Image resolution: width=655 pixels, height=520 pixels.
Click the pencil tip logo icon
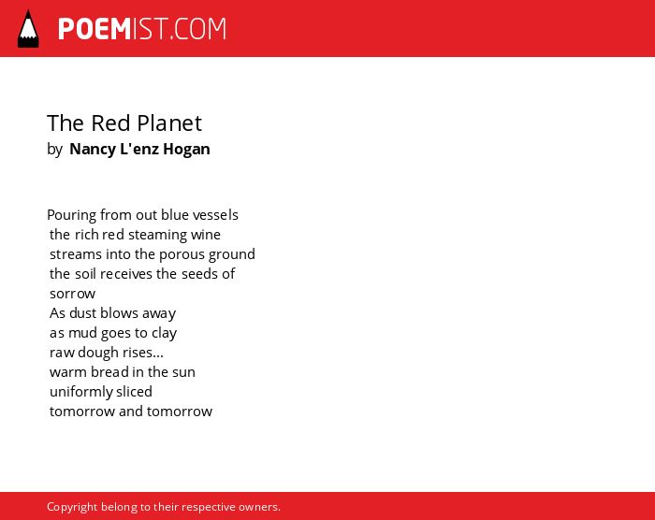28,29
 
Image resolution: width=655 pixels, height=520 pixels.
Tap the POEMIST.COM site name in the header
142,29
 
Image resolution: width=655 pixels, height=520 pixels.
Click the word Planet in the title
169,123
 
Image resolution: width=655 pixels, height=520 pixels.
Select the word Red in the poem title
111,123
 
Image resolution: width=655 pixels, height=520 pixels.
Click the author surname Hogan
186,149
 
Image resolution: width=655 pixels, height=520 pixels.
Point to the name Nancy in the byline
93,150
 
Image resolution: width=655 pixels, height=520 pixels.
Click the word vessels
215,215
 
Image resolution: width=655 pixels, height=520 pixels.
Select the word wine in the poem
206,235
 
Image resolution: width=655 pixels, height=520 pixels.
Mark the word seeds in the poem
199,274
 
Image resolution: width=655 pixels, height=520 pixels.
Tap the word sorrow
72,294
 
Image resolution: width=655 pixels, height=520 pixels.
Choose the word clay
164,333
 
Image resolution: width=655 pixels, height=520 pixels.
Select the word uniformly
81,392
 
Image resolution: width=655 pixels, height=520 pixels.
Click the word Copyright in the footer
72,507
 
